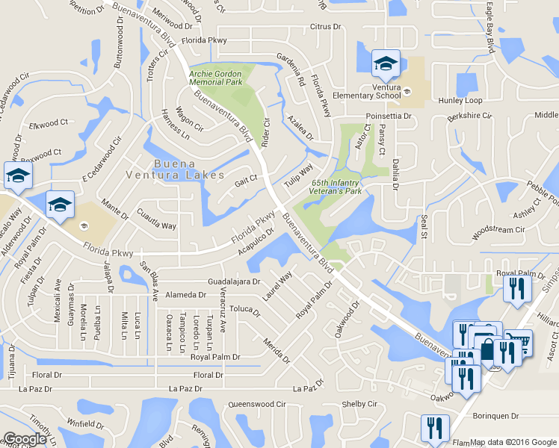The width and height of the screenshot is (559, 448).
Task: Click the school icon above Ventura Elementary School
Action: pos(386,63)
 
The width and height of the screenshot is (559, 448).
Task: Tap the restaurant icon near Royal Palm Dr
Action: pos(516,288)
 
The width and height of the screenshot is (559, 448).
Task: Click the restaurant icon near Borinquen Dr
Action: pos(434,429)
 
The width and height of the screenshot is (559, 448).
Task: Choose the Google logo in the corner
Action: pos(24,439)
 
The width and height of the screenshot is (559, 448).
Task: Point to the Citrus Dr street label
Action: pos(325,27)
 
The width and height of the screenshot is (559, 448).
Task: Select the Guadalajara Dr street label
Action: pos(234,282)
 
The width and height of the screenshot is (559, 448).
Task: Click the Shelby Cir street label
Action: pos(359,404)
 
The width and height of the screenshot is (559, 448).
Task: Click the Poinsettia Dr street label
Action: pos(389,116)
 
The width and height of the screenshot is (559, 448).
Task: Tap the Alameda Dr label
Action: pos(185,295)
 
